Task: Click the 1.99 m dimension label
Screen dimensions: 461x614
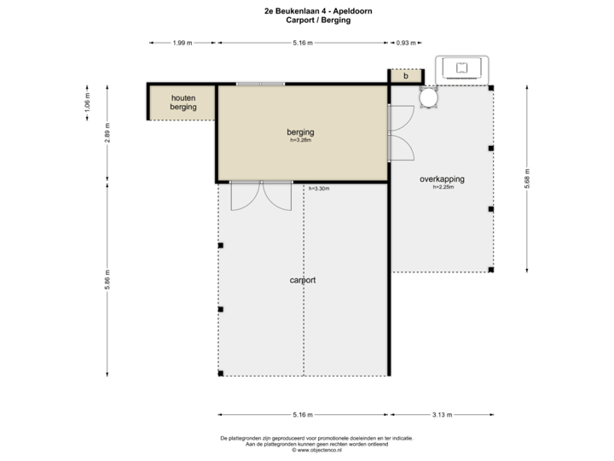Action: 181,42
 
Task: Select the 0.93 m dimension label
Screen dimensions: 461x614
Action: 407,42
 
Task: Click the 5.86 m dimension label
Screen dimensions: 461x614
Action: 107,279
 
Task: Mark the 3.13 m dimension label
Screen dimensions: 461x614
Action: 442,415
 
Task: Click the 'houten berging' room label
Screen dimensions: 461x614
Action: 182,102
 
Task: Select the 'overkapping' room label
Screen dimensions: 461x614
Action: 442,179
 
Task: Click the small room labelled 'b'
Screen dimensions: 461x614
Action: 406,76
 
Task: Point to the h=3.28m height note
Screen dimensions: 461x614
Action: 301,141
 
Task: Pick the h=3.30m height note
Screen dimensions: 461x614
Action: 319,189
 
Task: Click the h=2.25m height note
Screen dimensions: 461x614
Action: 443,188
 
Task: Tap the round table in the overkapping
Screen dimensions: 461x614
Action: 428,98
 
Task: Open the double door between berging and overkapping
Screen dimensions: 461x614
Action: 401,132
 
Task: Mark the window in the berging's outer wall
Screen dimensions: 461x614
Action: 260,84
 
